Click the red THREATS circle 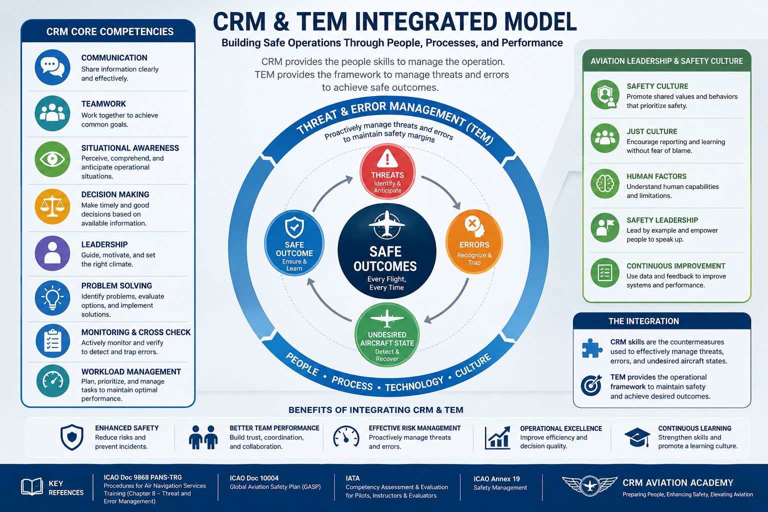(387, 171)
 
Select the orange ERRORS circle (474, 241)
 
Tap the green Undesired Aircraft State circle (386, 335)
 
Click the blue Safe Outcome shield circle (294, 243)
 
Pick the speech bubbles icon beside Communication (52, 67)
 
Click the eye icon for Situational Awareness (52, 159)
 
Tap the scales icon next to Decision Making (52, 206)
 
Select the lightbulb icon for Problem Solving (52, 297)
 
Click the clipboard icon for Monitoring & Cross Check (52, 341)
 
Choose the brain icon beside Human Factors (605, 183)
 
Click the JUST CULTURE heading (652, 131)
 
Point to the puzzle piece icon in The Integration (592, 348)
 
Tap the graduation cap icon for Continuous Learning (637, 437)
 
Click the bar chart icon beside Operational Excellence (497, 437)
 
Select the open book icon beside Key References (32, 486)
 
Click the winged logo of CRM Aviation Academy (589, 485)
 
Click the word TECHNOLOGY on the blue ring (414, 384)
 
